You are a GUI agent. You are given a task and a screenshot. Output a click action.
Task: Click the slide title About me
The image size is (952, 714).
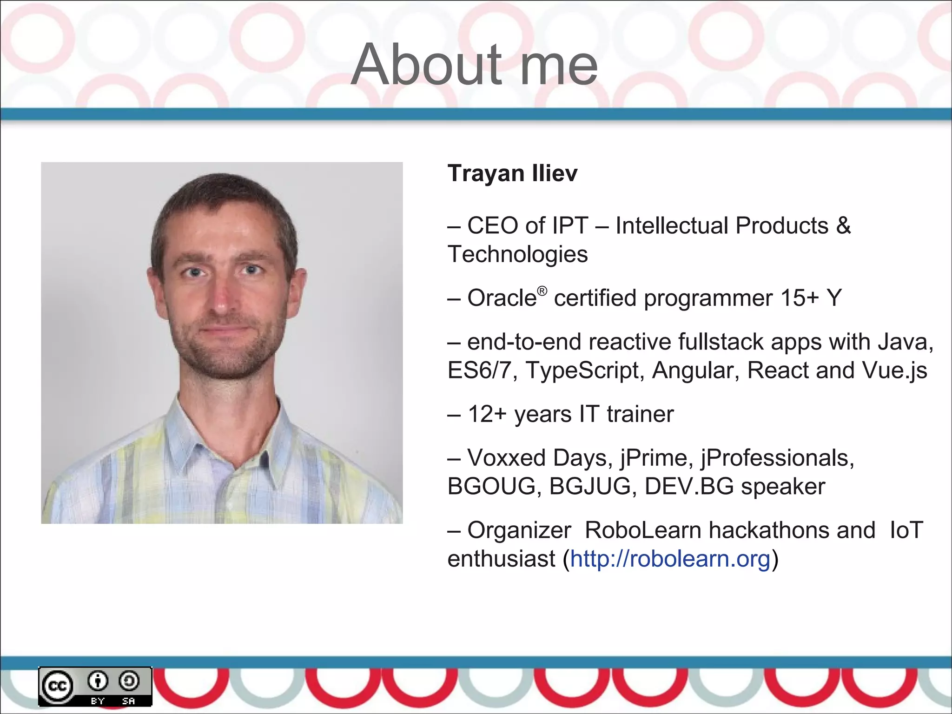475,65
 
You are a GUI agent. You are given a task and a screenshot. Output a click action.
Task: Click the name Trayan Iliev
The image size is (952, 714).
512,173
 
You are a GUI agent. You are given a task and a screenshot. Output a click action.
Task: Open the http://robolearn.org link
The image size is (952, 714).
670,558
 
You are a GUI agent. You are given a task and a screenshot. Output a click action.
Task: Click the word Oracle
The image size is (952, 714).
502,298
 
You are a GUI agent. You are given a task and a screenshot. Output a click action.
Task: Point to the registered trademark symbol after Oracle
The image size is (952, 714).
542,291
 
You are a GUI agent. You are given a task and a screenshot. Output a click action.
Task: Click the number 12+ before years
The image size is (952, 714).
487,414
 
